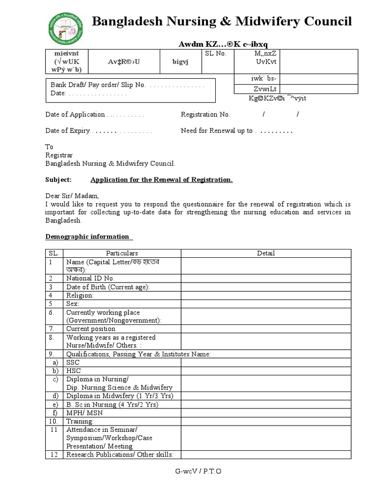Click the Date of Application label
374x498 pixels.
[x=75, y=115]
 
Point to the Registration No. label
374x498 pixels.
[x=206, y=115]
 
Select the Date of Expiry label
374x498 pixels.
[x=68, y=131]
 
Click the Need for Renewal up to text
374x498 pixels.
[x=217, y=131]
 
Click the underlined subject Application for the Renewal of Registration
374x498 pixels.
[x=162, y=180]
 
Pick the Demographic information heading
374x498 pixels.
[x=88, y=237]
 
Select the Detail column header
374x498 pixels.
[x=266, y=253]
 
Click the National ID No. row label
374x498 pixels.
[x=91, y=278]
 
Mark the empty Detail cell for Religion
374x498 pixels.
[x=266, y=295]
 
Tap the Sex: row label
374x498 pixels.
[x=73, y=303]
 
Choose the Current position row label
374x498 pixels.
[x=91, y=329]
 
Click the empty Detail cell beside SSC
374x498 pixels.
[x=266, y=363]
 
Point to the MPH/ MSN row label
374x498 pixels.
[x=84, y=413]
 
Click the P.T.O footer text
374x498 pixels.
[x=212, y=472]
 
